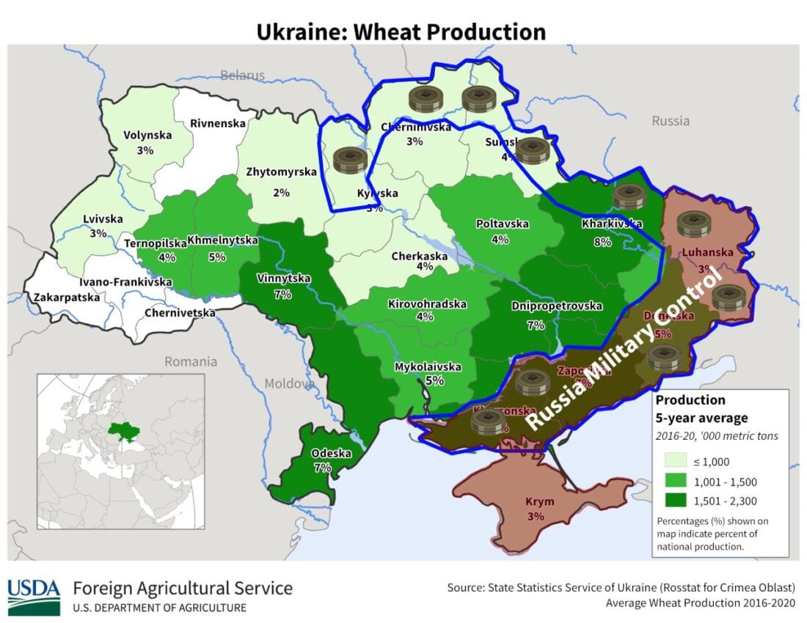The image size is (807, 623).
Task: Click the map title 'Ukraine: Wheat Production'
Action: (401, 32)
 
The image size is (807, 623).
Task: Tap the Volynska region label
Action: (147, 135)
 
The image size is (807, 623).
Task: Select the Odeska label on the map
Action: (322, 454)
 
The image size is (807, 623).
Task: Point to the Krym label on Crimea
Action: (540, 502)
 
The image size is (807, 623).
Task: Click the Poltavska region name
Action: (502, 224)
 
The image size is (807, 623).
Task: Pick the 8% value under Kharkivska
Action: (602, 243)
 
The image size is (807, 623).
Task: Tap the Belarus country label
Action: (242, 75)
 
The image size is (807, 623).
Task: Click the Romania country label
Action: (191, 361)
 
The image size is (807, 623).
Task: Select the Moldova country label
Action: (288, 383)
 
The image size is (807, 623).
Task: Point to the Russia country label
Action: (670, 120)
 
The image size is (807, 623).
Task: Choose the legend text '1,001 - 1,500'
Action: (725, 482)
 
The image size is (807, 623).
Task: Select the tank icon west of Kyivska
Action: (349, 160)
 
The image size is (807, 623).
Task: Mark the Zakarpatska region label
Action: (64, 298)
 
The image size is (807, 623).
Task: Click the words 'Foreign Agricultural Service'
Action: (183, 588)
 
